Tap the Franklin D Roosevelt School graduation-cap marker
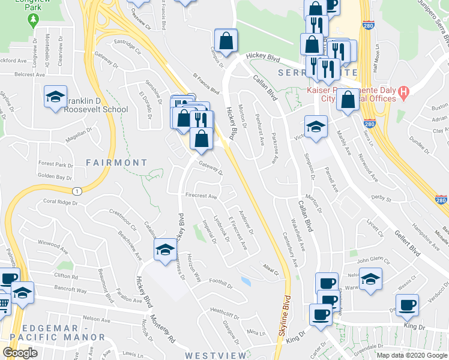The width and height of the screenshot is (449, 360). [x=55, y=98]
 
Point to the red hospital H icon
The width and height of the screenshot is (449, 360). [x=404, y=93]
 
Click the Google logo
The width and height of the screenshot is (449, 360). [x=20, y=352]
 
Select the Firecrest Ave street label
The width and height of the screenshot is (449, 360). [x=201, y=196]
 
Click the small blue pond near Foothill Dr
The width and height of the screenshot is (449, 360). [x=245, y=280]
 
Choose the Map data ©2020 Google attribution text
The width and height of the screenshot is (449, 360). [x=411, y=355]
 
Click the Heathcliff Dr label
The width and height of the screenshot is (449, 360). [x=225, y=310]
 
